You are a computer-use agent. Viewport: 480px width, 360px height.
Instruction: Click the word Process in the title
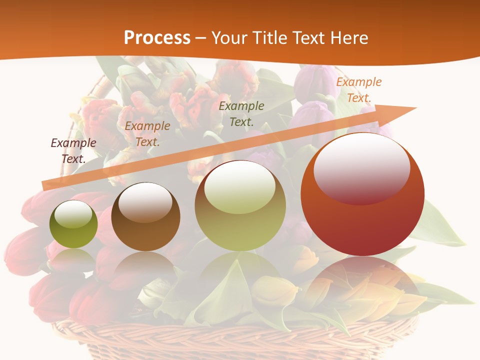[x=157, y=37]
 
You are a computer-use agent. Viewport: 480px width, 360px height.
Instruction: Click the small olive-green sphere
[x=73, y=224]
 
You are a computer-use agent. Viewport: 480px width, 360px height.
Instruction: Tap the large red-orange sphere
[x=362, y=195]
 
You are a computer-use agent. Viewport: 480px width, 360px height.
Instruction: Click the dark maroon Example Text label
[x=73, y=150]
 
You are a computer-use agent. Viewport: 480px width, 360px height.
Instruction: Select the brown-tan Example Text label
[x=147, y=134]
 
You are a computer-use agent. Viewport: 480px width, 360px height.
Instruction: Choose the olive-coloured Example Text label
[x=241, y=113]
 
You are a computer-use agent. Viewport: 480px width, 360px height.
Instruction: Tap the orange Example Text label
[x=358, y=90]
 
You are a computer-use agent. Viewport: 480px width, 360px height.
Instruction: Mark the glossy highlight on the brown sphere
[x=145, y=201]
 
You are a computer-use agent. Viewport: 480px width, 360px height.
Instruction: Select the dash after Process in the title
[x=201, y=38]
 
